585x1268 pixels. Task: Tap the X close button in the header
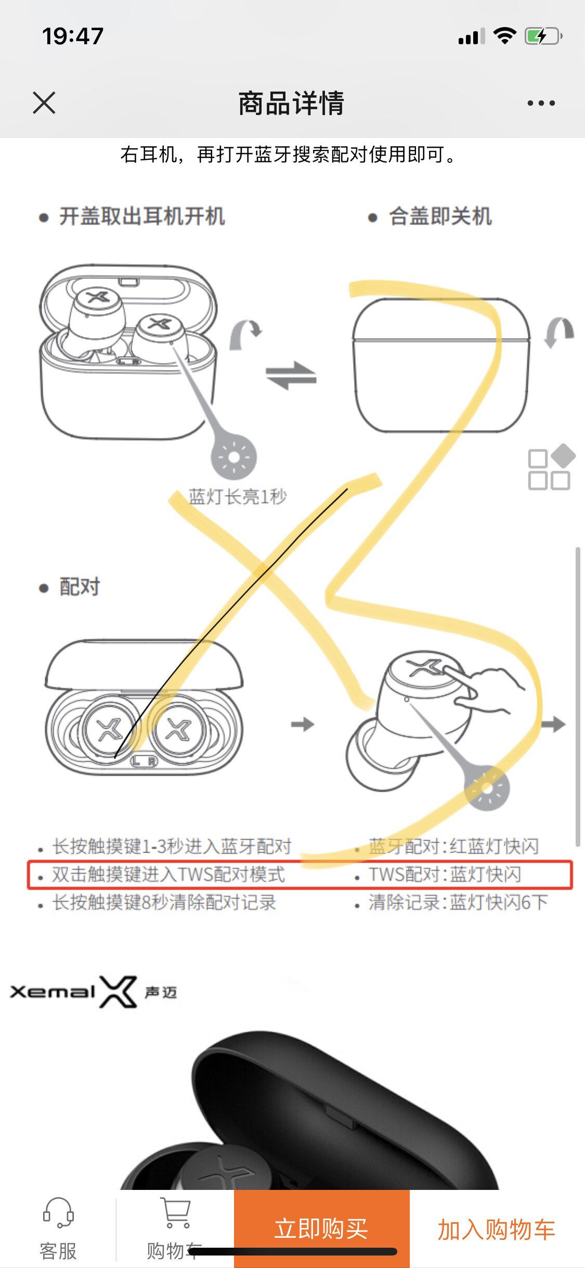coord(44,103)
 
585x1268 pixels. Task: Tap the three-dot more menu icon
coord(541,103)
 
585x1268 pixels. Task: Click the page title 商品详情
coord(291,103)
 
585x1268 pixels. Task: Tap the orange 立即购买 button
coord(321,1228)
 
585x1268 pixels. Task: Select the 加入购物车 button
coord(497,1229)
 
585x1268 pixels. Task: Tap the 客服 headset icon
coord(58,1213)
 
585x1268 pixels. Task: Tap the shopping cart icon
coord(176,1213)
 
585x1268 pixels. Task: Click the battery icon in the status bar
coord(543,36)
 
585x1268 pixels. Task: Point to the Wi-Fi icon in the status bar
coord(504,36)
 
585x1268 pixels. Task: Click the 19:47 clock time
coord(73,36)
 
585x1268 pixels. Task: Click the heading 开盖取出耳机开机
coord(141,217)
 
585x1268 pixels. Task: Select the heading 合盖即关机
coord(440,217)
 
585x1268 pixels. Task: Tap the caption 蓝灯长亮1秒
coord(238,497)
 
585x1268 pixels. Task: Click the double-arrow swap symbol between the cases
coord(291,375)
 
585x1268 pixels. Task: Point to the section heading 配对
coord(79,587)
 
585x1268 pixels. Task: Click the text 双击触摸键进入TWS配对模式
coord(168,874)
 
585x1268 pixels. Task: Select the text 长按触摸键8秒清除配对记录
coord(164,902)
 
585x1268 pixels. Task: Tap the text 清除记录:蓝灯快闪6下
coord(458,902)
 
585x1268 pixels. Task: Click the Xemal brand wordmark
coord(52,992)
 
